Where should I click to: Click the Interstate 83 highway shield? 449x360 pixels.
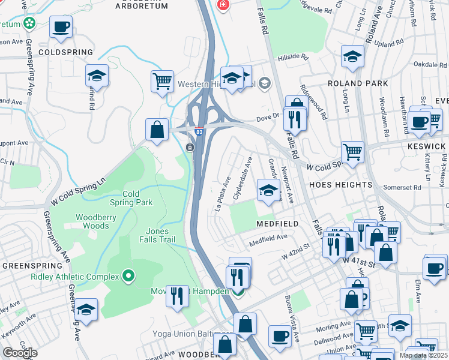pyautogui.click(x=199, y=131)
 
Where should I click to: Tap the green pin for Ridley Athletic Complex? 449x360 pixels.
pyautogui.click(x=128, y=276)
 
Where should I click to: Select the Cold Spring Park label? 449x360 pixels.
pyautogui.click(x=137, y=198)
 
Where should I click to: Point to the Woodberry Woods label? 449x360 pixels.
pyautogui.click(x=92, y=221)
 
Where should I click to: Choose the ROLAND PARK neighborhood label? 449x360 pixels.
pyautogui.click(x=354, y=83)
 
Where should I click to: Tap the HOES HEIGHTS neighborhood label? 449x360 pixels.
pyautogui.click(x=340, y=185)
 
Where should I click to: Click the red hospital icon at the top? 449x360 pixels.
pyautogui.click(x=223, y=4)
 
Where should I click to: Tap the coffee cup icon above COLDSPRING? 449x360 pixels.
pyautogui.click(x=61, y=27)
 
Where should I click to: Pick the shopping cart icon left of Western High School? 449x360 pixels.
pyautogui.click(x=163, y=80)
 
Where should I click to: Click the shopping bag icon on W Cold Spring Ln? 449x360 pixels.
pyautogui.click(x=157, y=128)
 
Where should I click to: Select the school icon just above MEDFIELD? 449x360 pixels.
pyautogui.click(x=268, y=191)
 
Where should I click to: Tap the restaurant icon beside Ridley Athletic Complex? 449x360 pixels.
pyautogui.click(x=177, y=296)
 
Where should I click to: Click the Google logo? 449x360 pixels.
pyautogui.click(x=20, y=353)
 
